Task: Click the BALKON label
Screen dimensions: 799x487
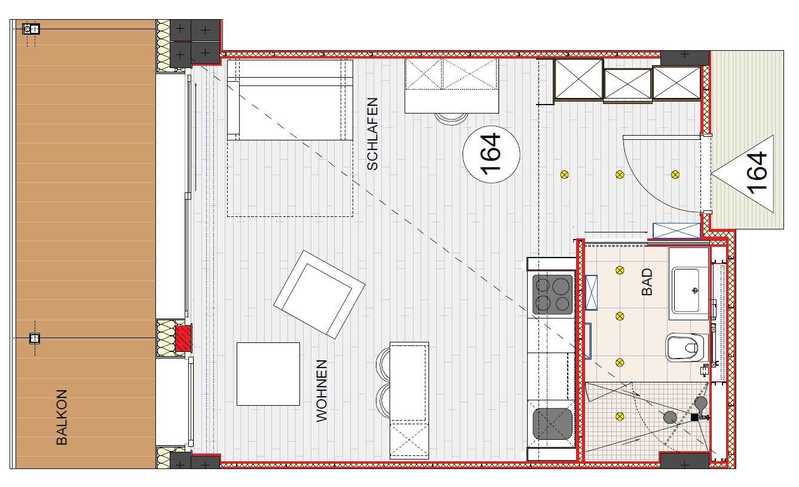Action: click(x=62, y=417)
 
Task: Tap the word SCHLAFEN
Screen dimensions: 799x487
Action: click(x=372, y=134)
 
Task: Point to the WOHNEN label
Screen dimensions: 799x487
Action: click(x=322, y=391)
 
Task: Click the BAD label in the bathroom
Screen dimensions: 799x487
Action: click(x=647, y=282)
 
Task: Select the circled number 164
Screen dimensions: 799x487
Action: click(x=491, y=154)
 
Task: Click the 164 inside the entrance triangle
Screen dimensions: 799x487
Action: click(x=758, y=173)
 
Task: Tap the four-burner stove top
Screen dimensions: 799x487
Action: click(x=552, y=294)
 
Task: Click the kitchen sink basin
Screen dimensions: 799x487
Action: click(x=552, y=424)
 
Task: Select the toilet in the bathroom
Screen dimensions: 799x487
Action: click(x=686, y=347)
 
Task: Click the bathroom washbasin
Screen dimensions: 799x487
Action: click(x=685, y=290)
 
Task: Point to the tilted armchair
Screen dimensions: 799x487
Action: click(x=319, y=295)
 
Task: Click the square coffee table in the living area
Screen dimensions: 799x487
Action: click(x=268, y=374)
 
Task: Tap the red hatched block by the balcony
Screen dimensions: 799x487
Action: click(x=183, y=338)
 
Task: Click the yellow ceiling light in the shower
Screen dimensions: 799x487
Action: click(x=620, y=416)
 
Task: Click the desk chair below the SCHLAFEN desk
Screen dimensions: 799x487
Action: click(x=451, y=119)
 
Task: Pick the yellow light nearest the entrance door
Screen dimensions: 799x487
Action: click(x=675, y=174)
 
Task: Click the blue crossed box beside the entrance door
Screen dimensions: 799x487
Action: click(x=676, y=231)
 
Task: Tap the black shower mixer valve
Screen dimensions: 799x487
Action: click(x=694, y=417)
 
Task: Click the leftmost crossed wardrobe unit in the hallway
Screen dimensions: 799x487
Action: click(x=578, y=79)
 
